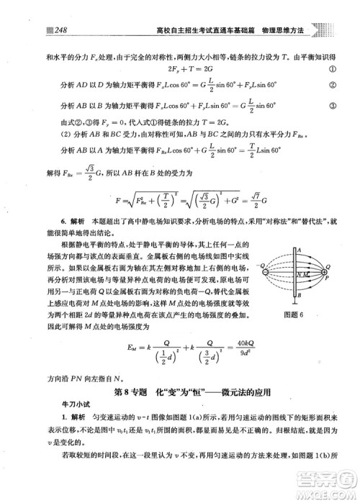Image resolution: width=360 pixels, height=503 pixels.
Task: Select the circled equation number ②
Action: click(334, 89)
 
